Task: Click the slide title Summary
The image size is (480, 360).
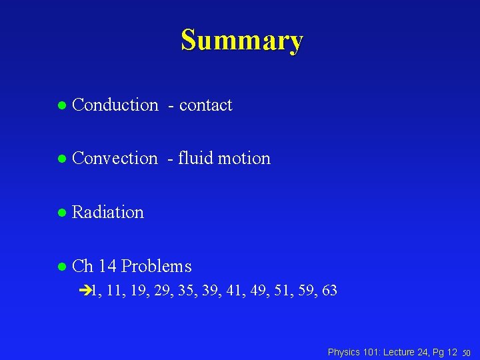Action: [241, 40]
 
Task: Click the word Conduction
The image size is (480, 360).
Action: [115, 105]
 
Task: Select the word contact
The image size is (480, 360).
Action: [205, 105]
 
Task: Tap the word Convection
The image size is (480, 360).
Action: [115, 158]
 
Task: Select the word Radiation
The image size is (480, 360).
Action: [107, 212]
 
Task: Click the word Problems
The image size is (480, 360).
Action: [157, 266]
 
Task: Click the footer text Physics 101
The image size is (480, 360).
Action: [353, 352]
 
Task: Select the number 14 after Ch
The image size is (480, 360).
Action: [107, 266]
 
